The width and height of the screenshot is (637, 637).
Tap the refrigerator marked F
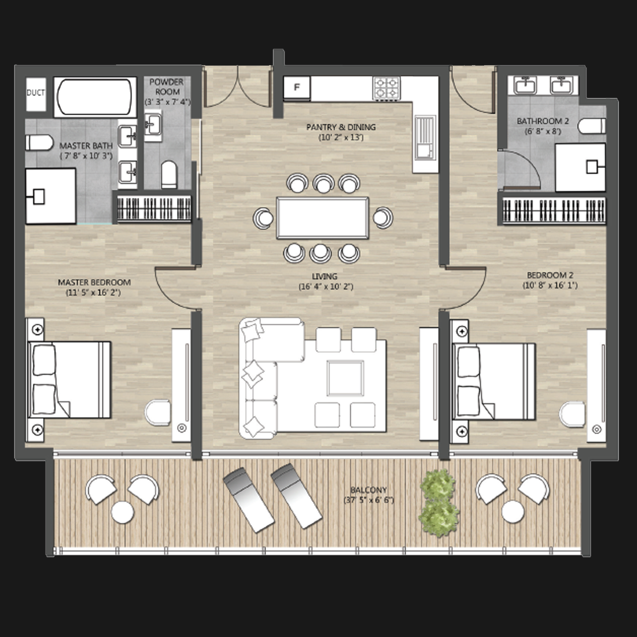point(297,88)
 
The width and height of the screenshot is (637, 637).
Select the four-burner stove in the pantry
point(387,88)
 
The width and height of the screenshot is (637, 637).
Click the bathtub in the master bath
point(95,97)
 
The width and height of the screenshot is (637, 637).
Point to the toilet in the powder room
point(169,174)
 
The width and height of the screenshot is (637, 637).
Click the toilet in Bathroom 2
point(592,126)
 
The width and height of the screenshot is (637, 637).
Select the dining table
point(322,218)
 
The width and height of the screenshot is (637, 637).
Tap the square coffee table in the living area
point(345,378)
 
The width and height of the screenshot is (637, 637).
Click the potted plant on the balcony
point(439,503)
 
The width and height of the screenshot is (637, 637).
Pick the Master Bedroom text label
point(94,282)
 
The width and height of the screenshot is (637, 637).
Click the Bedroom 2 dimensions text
point(550,285)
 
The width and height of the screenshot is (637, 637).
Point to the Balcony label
point(368,490)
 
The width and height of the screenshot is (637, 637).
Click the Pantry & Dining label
point(341,127)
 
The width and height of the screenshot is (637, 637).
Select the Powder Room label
point(167,87)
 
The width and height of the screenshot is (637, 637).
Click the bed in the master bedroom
point(70,380)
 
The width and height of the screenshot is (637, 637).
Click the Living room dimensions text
point(326,287)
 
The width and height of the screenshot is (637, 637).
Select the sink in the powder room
point(153,124)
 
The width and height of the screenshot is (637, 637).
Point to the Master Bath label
point(86,146)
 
